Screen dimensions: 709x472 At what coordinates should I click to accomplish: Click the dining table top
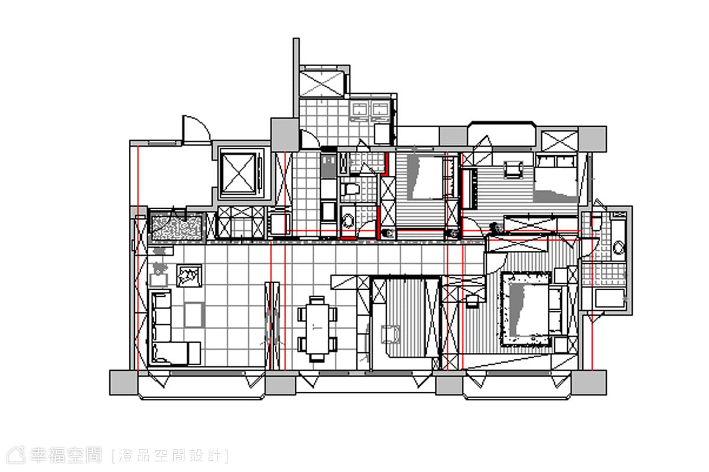(x=317, y=329)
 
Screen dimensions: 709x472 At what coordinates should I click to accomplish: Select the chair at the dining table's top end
(x=317, y=300)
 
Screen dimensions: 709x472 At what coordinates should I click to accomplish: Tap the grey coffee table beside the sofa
(x=194, y=314)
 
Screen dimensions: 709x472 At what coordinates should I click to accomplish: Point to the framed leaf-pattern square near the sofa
(x=189, y=276)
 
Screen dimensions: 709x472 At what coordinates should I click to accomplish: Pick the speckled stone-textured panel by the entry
(x=177, y=227)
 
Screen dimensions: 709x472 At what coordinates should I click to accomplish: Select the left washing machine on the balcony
(x=359, y=112)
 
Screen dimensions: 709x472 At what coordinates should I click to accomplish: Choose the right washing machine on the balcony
(x=380, y=112)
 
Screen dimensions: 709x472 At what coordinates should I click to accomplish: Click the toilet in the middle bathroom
(x=350, y=189)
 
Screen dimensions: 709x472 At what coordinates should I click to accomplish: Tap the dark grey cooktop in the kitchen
(x=329, y=166)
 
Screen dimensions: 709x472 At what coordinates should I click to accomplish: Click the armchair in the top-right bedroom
(x=513, y=169)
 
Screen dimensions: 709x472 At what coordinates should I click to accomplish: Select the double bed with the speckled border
(x=526, y=309)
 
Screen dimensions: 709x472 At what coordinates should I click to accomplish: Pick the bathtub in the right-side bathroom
(x=609, y=298)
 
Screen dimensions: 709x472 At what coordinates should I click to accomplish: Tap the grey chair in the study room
(x=391, y=335)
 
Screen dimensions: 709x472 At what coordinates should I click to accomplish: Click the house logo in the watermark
(x=16, y=455)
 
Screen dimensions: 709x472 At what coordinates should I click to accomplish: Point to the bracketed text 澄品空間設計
(x=170, y=455)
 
